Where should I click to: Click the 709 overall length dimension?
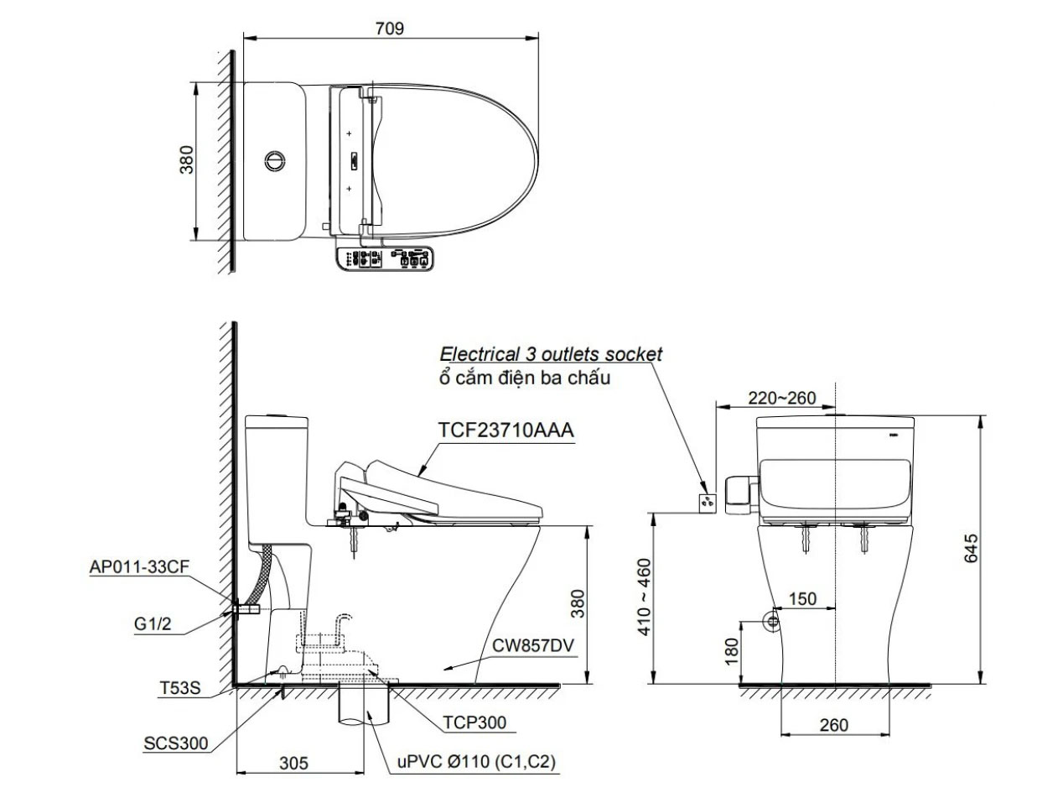click(x=390, y=28)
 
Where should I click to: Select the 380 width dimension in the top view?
click(x=186, y=159)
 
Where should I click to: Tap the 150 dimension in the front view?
click(x=803, y=599)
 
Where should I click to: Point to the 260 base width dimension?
click(x=834, y=725)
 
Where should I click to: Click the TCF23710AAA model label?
click(x=506, y=430)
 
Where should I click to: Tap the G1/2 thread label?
click(x=155, y=624)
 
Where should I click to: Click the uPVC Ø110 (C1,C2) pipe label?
click(x=476, y=762)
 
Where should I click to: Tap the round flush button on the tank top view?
click(x=275, y=159)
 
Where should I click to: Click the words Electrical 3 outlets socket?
click(x=551, y=354)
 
